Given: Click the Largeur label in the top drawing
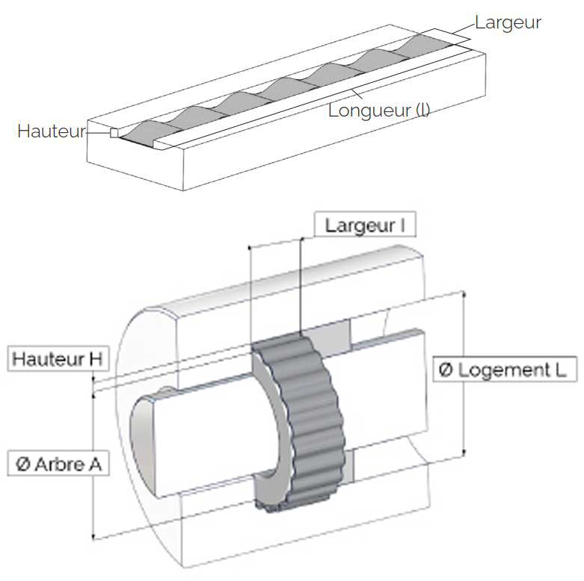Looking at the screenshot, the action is pyautogui.click(x=508, y=23).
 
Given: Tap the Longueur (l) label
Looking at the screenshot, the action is pyautogui.click(x=379, y=111).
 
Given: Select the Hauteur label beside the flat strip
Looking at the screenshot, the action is pyautogui.click(x=52, y=131).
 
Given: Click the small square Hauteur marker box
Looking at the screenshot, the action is pyautogui.click(x=114, y=133).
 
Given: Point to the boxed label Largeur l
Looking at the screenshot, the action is pyautogui.click(x=365, y=224).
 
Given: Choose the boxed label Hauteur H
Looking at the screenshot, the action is pyautogui.click(x=58, y=359).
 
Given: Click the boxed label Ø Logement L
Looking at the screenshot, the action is pyautogui.click(x=505, y=370).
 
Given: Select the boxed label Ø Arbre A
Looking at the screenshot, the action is pyautogui.click(x=58, y=464).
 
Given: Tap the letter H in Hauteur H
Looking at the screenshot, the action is pyautogui.click(x=96, y=359).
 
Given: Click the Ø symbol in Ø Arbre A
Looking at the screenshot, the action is pyautogui.click(x=22, y=464).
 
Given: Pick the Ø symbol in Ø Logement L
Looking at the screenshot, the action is pyautogui.click(x=446, y=370).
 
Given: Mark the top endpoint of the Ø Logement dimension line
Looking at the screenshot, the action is pyautogui.click(x=464, y=294).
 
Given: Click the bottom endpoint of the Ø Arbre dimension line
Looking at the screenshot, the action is pyautogui.click(x=93, y=537).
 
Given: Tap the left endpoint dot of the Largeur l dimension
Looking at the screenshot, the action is pyautogui.click(x=249, y=247).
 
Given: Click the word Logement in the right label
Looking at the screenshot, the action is pyautogui.click(x=503, y=370).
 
